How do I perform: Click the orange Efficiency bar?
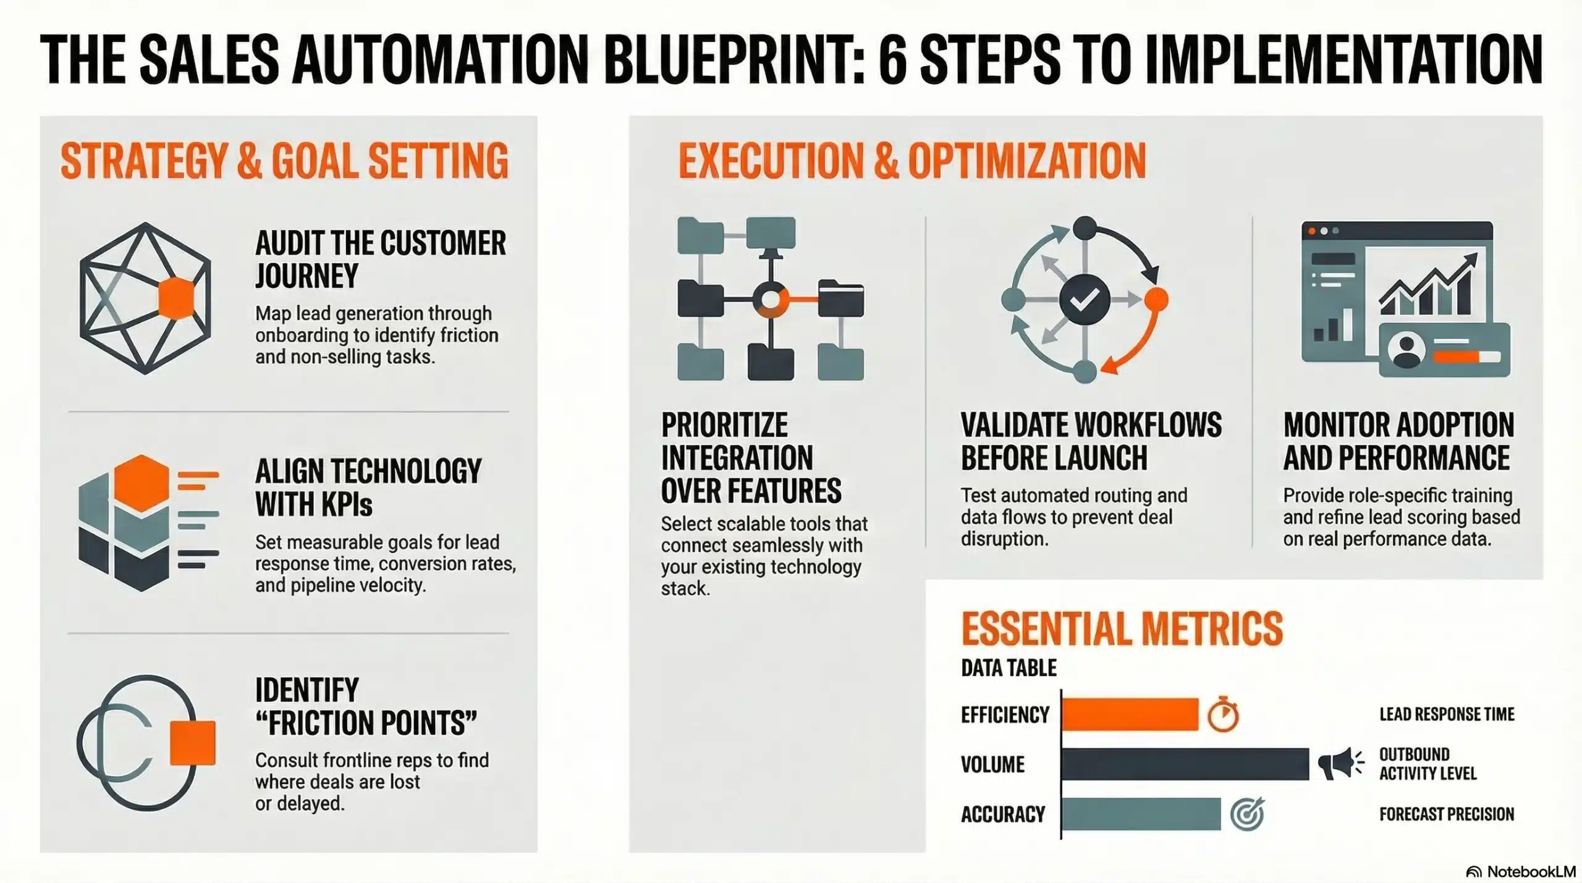pyautogui.click(x=1130, y=714)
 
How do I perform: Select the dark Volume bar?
pyautogui.click(x=1185, y=764)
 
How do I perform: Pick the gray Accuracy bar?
pyautogui.click(x=1141, y=814)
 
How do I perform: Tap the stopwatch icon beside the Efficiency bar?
pyautogui.click(x=1223, y=715)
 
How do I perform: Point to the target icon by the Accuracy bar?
pyautogui.click(x=1247, y=814)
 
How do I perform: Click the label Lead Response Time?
pyautogui.click(x=1447, y=714)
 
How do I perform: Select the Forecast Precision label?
pyautogui.click(x=1447, y=814)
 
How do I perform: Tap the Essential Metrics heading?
pyautogui.click(x=1122, y=629)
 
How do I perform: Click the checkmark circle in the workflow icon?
pyautogui.click(x=1084, y=300)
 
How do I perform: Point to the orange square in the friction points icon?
pyautogui.click(x=193, y=743)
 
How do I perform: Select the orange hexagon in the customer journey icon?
pyautogui.click(x=176, y=298)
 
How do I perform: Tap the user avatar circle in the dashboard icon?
pyautogui.click(x=1406, y=350)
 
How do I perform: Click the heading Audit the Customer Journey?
pyautogui.click(x=380, y=259)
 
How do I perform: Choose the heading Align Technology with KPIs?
pyautogui.click(x=368, y=488)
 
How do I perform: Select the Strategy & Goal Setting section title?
pyautogui.click(x=284, y=161)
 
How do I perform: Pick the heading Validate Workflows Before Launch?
pyautogui.click(x=1091, y=441)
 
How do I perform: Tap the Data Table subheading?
pyautogui.click(x=1009, y=668)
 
